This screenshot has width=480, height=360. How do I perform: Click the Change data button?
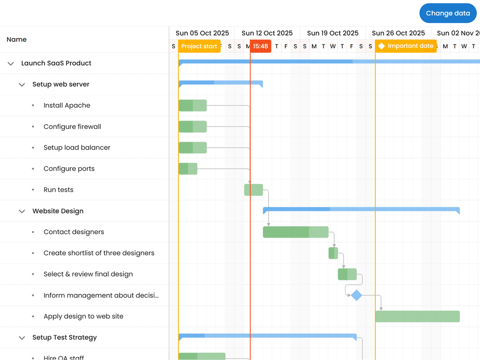coord(448,13)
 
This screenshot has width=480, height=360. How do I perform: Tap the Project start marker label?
coord(199,46)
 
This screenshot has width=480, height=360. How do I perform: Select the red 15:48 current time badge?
coord(260,46)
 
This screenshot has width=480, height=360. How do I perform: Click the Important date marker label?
coord(406,46)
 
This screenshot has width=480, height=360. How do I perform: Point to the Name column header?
coord(17,39)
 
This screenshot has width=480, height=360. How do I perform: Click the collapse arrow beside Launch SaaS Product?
coord(11,64)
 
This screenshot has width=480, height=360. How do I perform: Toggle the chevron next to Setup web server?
coord(22,85)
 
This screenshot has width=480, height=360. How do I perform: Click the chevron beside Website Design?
coord(22,211)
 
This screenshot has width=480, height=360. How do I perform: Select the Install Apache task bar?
coord(193,105)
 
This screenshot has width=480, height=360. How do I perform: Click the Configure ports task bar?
coord(188,169)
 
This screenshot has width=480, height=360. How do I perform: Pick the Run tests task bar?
coord(254,190)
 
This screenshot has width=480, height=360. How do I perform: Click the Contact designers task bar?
coord(295,232)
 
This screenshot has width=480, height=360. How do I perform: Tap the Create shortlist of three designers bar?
coord(333,253)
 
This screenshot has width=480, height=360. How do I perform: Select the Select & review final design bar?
coord(347,274)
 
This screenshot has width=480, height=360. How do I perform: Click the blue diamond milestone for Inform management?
coord(357,295)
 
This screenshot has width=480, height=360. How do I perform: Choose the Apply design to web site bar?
coord(417,316)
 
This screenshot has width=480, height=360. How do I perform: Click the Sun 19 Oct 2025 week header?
coord(333,33)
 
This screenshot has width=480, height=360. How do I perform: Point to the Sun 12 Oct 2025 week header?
coord(267,33)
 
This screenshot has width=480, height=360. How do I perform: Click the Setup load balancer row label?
coord(77,148)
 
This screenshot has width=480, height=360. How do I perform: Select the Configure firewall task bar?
coord(193,127)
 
